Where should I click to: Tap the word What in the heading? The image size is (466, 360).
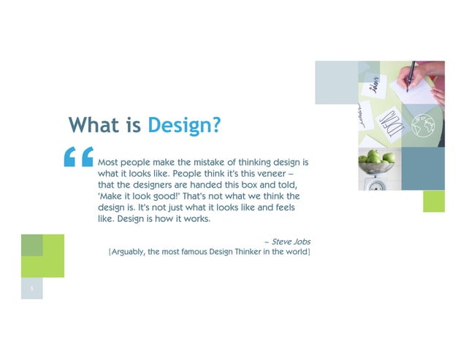click(94, 125)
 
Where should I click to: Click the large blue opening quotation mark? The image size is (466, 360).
click(78, 157)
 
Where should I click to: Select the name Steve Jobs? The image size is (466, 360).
click(291, 242)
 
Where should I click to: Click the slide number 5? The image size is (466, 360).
click(32, 290)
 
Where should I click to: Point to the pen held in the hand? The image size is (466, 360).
click(410, 74)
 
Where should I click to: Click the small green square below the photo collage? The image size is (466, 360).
click(434, 201)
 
